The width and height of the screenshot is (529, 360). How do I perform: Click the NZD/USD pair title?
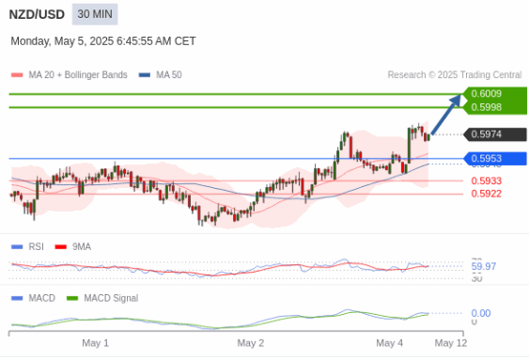click(x=37, y=14)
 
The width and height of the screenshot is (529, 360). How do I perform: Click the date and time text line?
click(x=103, y=41)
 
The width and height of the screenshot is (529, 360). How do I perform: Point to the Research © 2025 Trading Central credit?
click(x=454, y=75)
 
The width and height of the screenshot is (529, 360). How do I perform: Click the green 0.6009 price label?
click(x=487, y=94)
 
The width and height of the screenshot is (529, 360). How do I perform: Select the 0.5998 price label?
click(x=487, y=107)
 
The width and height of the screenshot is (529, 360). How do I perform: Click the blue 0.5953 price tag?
click(x=487, y=158)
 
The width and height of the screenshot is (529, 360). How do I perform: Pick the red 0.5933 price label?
click(x=487, y=180)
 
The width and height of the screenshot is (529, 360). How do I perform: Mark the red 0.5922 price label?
click(x=487, y=194)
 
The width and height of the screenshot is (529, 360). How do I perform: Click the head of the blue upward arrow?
click(x=459, y=99)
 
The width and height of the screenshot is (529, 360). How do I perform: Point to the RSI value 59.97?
click(x=484, y=267)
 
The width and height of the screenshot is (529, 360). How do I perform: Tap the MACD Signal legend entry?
click(x=110, y=298)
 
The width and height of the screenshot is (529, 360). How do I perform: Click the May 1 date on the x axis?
click(x=96, y=343)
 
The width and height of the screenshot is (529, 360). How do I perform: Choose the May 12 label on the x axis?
click(x=451, y=343)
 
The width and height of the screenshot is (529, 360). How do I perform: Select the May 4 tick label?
click(x=389, y=343)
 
